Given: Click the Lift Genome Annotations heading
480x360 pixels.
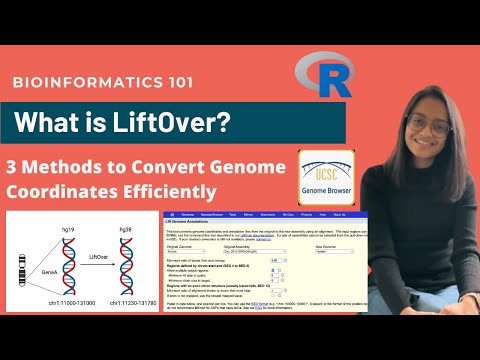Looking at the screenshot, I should pos(205,224).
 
